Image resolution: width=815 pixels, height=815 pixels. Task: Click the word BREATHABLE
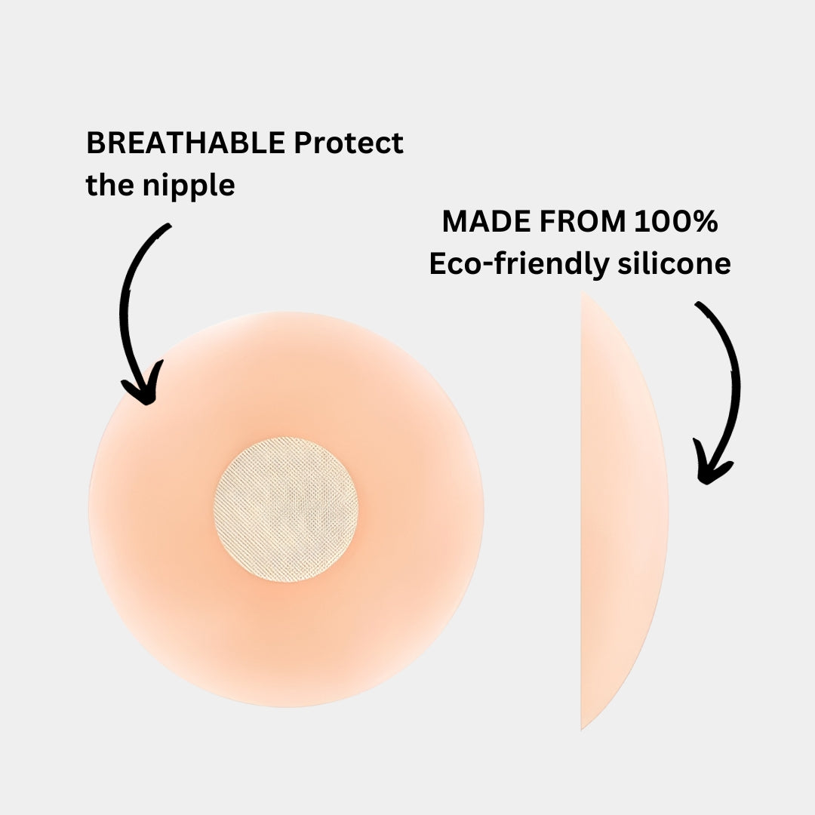click(x=186, y=143)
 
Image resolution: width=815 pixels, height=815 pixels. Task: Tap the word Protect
click(x=349, y=143)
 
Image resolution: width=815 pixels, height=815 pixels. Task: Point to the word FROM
click(x=582, y=222)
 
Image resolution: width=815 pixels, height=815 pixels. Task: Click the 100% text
click(x=676, y=222)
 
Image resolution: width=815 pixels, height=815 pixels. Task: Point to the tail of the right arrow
click(x=699, y=305)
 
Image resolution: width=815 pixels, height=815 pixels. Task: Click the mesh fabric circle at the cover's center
click(x=286, y=509)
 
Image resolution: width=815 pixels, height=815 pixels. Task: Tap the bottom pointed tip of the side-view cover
click(x=583, y=726)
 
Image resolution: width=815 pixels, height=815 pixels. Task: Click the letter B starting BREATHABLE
click(x=95, y=143)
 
